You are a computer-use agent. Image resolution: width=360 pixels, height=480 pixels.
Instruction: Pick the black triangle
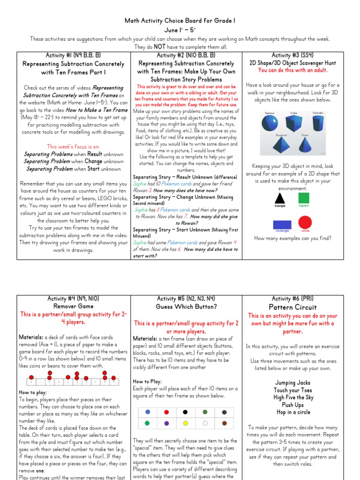point(280,198)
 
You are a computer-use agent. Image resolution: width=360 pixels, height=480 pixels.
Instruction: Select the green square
point(304,197)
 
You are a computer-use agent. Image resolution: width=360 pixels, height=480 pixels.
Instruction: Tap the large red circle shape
point(305,222)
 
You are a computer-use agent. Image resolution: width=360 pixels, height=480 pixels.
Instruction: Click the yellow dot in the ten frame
point(186,423)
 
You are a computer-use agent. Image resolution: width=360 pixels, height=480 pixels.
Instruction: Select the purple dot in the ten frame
point(167,423)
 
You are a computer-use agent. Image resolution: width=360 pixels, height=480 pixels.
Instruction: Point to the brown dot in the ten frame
point(224,423)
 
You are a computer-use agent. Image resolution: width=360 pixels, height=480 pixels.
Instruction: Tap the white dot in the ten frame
point(205,423)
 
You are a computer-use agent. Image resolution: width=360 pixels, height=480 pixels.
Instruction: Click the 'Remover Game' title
point(73,307)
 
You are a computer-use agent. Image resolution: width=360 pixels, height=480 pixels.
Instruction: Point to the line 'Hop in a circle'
point(292,412)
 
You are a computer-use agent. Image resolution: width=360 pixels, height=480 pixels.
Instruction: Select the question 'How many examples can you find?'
point(292,238)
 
